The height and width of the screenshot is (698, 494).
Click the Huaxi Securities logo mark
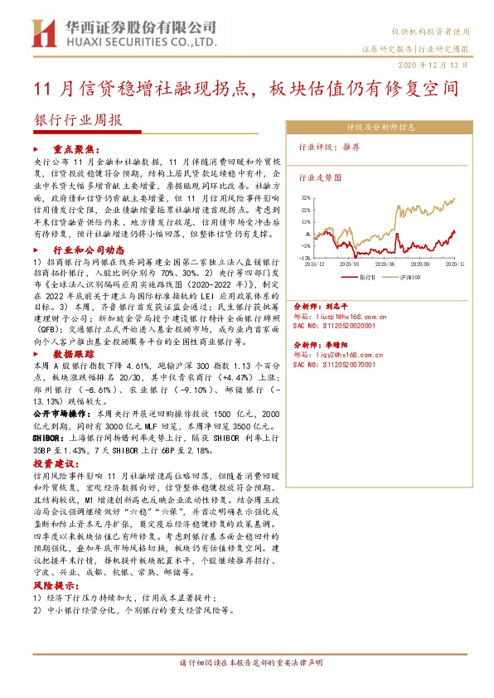click(x=41, y=34)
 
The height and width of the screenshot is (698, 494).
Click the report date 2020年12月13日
click(x=444, y=63)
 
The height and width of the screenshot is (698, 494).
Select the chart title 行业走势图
click(x=320, y=177)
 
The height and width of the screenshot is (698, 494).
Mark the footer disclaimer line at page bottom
click(x=246, y=663)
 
